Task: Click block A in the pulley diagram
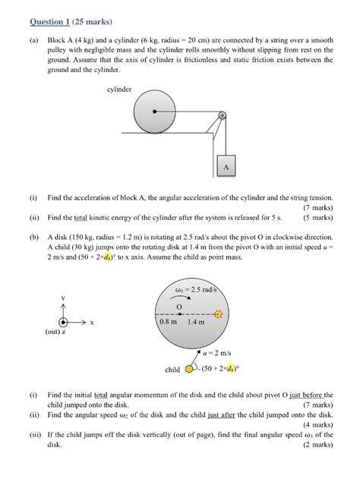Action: pyautogui.click(x=226, y=167)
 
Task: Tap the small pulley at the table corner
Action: pyautogui.click(x=222, y=115)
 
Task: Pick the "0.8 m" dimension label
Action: pyautogui.click(x=169, y=322)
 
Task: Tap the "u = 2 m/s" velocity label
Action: pyautogui.click(x=219, y=354)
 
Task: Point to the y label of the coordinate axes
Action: pyautogui.click(x=64, y=297)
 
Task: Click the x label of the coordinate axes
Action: pyautogui.click(x=92, y=322)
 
